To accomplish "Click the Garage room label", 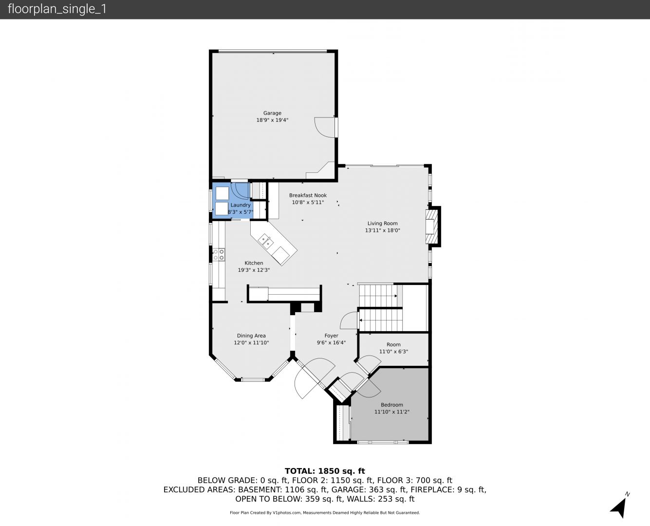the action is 272,113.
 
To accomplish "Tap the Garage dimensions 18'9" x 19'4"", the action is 272,120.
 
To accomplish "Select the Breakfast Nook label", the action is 308,195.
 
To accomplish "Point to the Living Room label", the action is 382,224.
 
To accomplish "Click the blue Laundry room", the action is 233,201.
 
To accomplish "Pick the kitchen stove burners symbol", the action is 219,255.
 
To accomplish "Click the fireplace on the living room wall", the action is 433,226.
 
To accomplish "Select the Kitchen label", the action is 254,263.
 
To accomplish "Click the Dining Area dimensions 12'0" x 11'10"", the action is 251,342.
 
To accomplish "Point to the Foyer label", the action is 331,336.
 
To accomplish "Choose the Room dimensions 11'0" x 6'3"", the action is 393,351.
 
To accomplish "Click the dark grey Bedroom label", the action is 392,405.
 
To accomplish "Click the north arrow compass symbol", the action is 619,508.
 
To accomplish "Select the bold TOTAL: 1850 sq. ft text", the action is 325,471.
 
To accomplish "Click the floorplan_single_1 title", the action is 57,9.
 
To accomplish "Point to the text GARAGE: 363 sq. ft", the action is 369,489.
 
